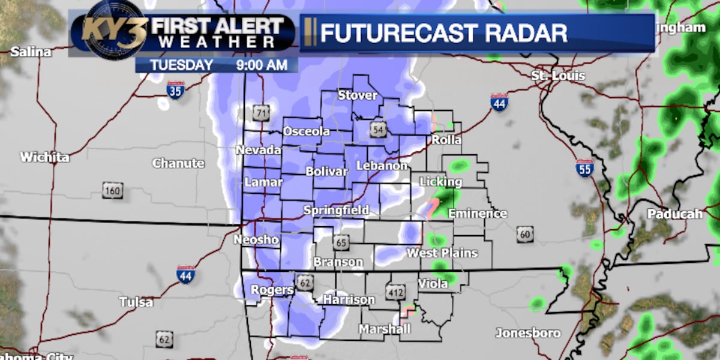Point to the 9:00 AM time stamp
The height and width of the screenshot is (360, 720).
point(260,65)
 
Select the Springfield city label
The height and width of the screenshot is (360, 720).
point(336,211)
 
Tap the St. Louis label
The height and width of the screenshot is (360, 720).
point(558,76)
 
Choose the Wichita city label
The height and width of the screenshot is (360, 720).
point(45,158)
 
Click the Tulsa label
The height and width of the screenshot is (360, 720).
point(136,302)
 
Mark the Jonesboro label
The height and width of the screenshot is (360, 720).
point(528,333)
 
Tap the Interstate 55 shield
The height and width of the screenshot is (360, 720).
point(585,168)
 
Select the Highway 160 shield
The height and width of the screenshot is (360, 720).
point(112,191)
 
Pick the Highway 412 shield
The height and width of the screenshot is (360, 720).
point(395,292)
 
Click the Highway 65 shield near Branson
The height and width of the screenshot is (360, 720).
point(341,243)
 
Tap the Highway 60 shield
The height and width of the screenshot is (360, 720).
point(525,234)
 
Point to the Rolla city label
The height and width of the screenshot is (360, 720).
point(447,140)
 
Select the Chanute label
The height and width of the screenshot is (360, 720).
point(178,163)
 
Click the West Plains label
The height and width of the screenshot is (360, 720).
point(442,253)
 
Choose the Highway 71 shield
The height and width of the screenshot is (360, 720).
point(260,112)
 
